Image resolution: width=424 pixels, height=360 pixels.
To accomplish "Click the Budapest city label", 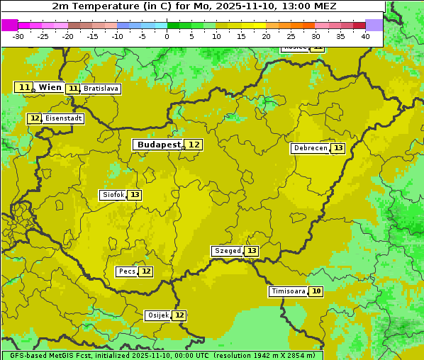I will coord(159,145).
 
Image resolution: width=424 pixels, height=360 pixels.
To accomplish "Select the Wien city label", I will coord(50,87).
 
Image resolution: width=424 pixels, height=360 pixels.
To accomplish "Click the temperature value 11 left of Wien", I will coord(24,87).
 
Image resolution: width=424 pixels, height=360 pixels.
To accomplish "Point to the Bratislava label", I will coord(100,89).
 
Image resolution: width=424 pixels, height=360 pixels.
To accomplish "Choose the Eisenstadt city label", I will coord(63,118).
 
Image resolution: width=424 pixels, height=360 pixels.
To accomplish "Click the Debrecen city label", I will coord(310,148).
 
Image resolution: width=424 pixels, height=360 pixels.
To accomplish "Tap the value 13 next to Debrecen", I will coord(338,148).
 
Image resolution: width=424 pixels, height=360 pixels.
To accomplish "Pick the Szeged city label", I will coord(227,251).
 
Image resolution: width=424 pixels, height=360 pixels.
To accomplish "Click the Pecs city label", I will coord(128,271).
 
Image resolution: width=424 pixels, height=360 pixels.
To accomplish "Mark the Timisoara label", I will coord(288,291).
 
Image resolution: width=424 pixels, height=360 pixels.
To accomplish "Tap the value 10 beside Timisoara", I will coord(316,291).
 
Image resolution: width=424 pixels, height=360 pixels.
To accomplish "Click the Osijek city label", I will coord(157,315).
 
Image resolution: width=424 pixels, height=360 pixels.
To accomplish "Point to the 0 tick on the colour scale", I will coord(167,36).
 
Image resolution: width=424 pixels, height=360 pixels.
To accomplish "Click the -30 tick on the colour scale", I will coord(18,36).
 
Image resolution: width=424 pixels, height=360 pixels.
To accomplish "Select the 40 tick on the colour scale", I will coord(365,36).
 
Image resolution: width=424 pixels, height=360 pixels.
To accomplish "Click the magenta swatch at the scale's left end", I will coord(9,25).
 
